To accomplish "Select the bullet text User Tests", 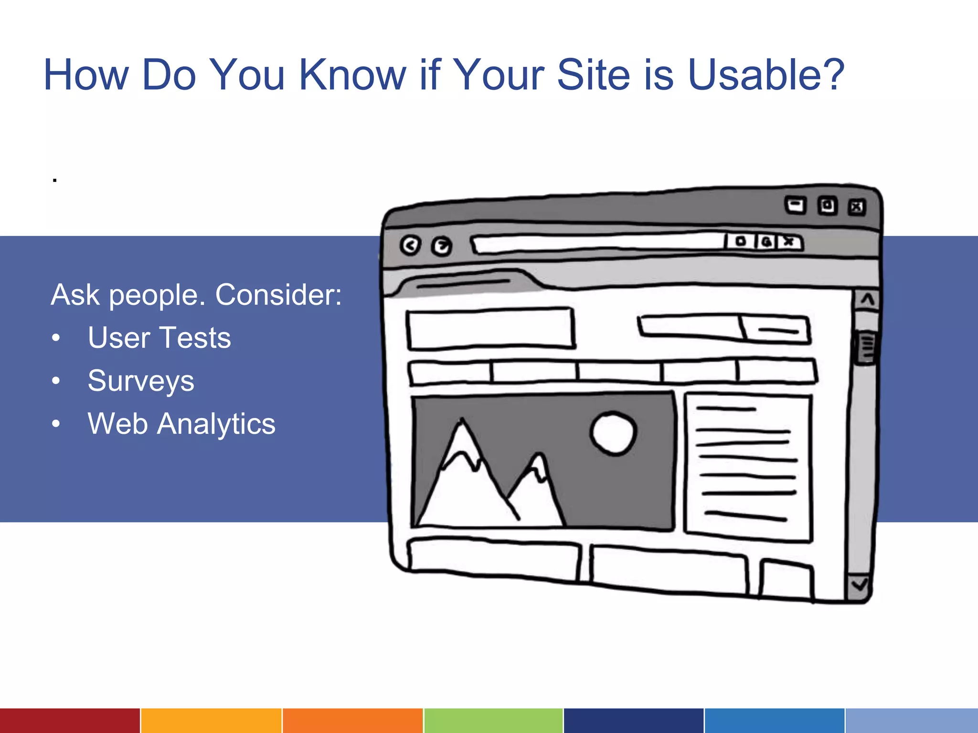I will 159,338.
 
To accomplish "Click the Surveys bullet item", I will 141,381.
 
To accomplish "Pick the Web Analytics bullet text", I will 181,424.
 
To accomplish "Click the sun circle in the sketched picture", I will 613,433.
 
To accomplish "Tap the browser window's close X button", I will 857,207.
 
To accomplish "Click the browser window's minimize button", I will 795,206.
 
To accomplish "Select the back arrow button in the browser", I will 410,245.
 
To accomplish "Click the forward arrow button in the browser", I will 442,246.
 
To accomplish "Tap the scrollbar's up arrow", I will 867,300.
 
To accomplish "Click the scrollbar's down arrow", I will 860,585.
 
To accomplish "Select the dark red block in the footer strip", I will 70,721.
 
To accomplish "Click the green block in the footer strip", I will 493,721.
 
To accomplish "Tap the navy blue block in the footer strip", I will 634,721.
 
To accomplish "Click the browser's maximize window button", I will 827,206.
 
